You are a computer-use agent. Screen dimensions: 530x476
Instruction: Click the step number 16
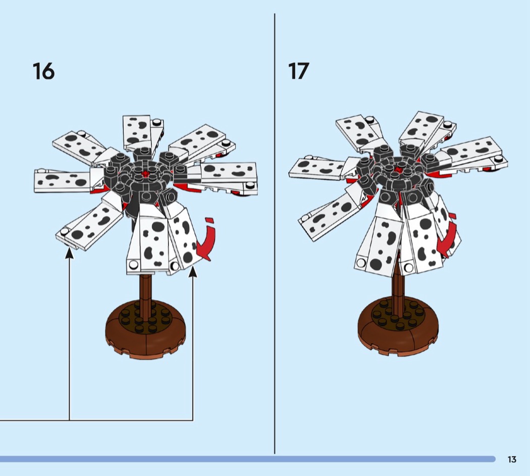click(x=43, y=71)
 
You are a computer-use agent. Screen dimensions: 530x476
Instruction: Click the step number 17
click(x=298, y=71)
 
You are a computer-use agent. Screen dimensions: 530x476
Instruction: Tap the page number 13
click(x=512, y=459)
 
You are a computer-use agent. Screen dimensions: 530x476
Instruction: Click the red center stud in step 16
click(x=146, y=174)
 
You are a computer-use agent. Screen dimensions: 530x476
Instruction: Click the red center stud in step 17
click(x=399, y=169)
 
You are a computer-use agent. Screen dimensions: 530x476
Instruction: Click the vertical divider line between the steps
click(x=275, y=233)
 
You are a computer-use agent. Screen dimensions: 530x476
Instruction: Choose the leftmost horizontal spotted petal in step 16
click(x=64, y=180)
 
